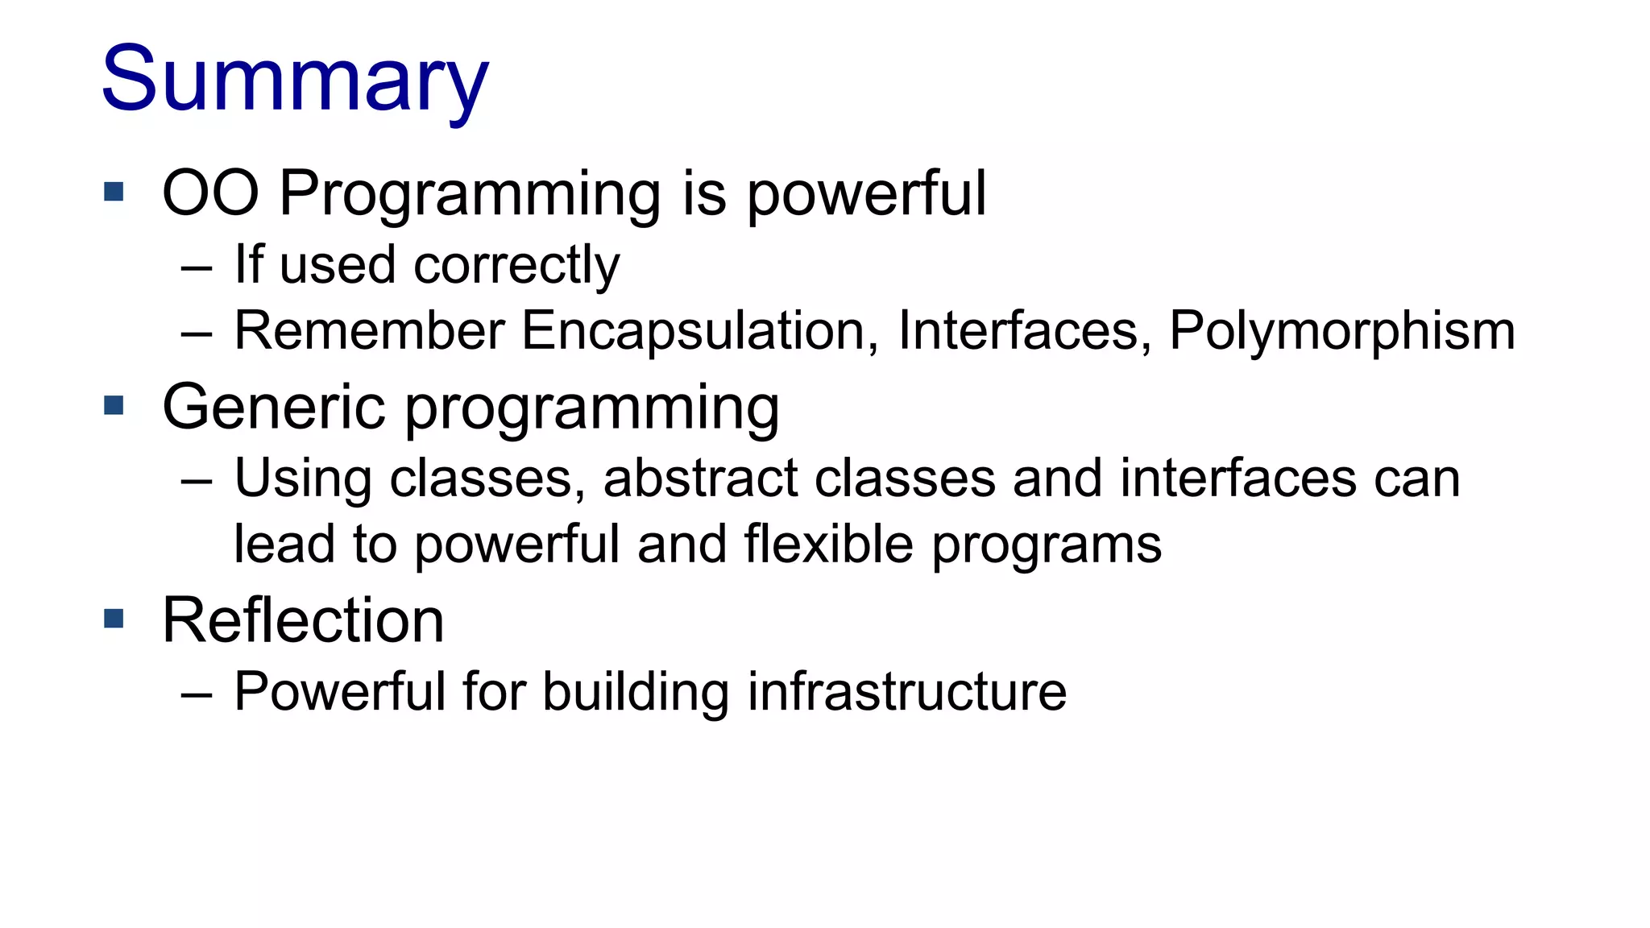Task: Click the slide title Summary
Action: point(295,80)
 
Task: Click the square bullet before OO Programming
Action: point(114,192)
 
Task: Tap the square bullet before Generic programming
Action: point(114,405)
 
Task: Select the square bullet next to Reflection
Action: point(114,619)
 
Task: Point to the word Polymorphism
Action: point(1341,331)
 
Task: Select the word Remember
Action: point(369,331)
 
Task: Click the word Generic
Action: point(274,408)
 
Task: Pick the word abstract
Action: point(700,478)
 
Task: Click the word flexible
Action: point(828,545)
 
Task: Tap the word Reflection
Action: point(303,621)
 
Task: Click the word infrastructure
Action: point(906,692)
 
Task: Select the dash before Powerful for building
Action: point(197,694)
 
